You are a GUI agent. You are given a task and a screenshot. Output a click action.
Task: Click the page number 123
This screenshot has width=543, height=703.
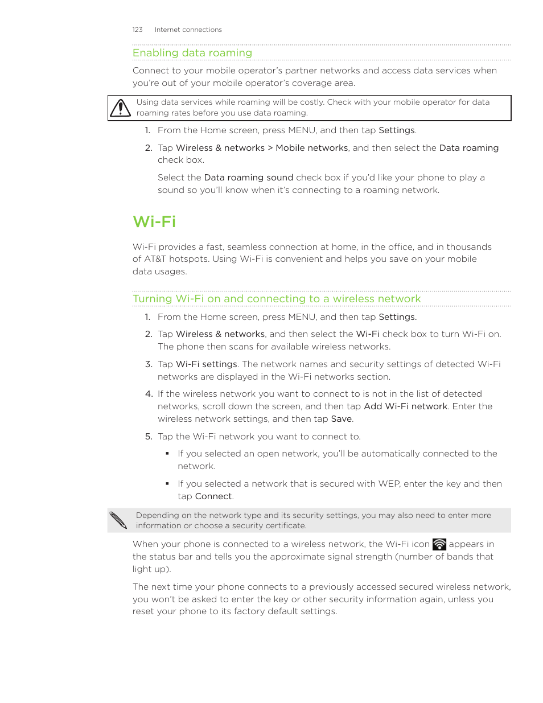137,30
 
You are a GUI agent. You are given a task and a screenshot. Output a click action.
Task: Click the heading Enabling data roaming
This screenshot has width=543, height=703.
192,53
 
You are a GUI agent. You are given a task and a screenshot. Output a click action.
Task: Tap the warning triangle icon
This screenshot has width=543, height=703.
120,108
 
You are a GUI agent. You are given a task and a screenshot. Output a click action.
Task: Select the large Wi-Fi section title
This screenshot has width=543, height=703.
154,221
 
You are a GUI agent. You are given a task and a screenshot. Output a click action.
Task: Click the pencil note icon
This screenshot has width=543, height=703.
118,520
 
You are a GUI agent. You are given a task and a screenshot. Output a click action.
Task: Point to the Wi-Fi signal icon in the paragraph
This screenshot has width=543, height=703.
439,544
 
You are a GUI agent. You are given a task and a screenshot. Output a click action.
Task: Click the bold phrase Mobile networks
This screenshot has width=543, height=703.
311,148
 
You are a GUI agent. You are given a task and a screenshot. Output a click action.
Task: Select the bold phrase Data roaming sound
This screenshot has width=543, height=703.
248,178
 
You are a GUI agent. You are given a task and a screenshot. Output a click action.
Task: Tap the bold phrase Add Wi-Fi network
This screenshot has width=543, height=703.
405,406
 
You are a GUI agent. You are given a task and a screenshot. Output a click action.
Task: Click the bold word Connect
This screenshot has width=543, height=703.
213,496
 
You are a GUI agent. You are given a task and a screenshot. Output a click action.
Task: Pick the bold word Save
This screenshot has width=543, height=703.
341,419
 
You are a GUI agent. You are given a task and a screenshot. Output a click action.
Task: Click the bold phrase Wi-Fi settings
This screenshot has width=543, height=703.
206,364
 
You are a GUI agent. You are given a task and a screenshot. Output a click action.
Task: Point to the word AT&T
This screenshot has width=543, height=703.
155,259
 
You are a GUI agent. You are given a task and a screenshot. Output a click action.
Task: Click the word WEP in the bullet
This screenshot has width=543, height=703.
389,484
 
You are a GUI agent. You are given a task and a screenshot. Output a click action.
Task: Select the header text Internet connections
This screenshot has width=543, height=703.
188,30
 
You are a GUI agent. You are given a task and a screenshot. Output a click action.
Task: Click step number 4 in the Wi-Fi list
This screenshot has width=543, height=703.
149,394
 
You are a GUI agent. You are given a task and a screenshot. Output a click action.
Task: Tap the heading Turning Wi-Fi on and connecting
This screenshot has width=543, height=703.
277,299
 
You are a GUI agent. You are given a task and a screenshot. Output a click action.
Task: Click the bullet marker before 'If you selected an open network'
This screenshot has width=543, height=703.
167,454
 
